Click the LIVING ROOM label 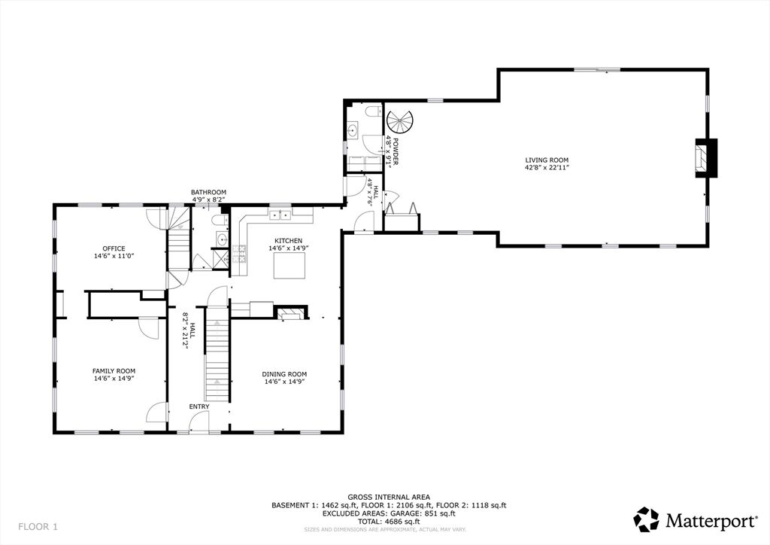[x=547, y=160]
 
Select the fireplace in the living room [x=705, y=158]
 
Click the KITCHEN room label [x=288, y=241]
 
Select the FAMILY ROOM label [x=114, y=371]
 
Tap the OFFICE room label [x=114, y=248]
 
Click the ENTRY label [x=199, y=406]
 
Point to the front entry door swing [x=199, y=422]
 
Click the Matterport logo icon [x=646, y=519]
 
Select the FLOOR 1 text [x=38, y=527]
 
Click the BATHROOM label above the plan [x=209, y=192]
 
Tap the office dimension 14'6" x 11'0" [x=114, y=256]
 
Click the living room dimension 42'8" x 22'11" [x=547, y=167]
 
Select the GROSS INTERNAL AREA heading [x=389, y=498]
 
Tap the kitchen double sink [x=280, y=215]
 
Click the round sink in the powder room [x=352, y=131]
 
